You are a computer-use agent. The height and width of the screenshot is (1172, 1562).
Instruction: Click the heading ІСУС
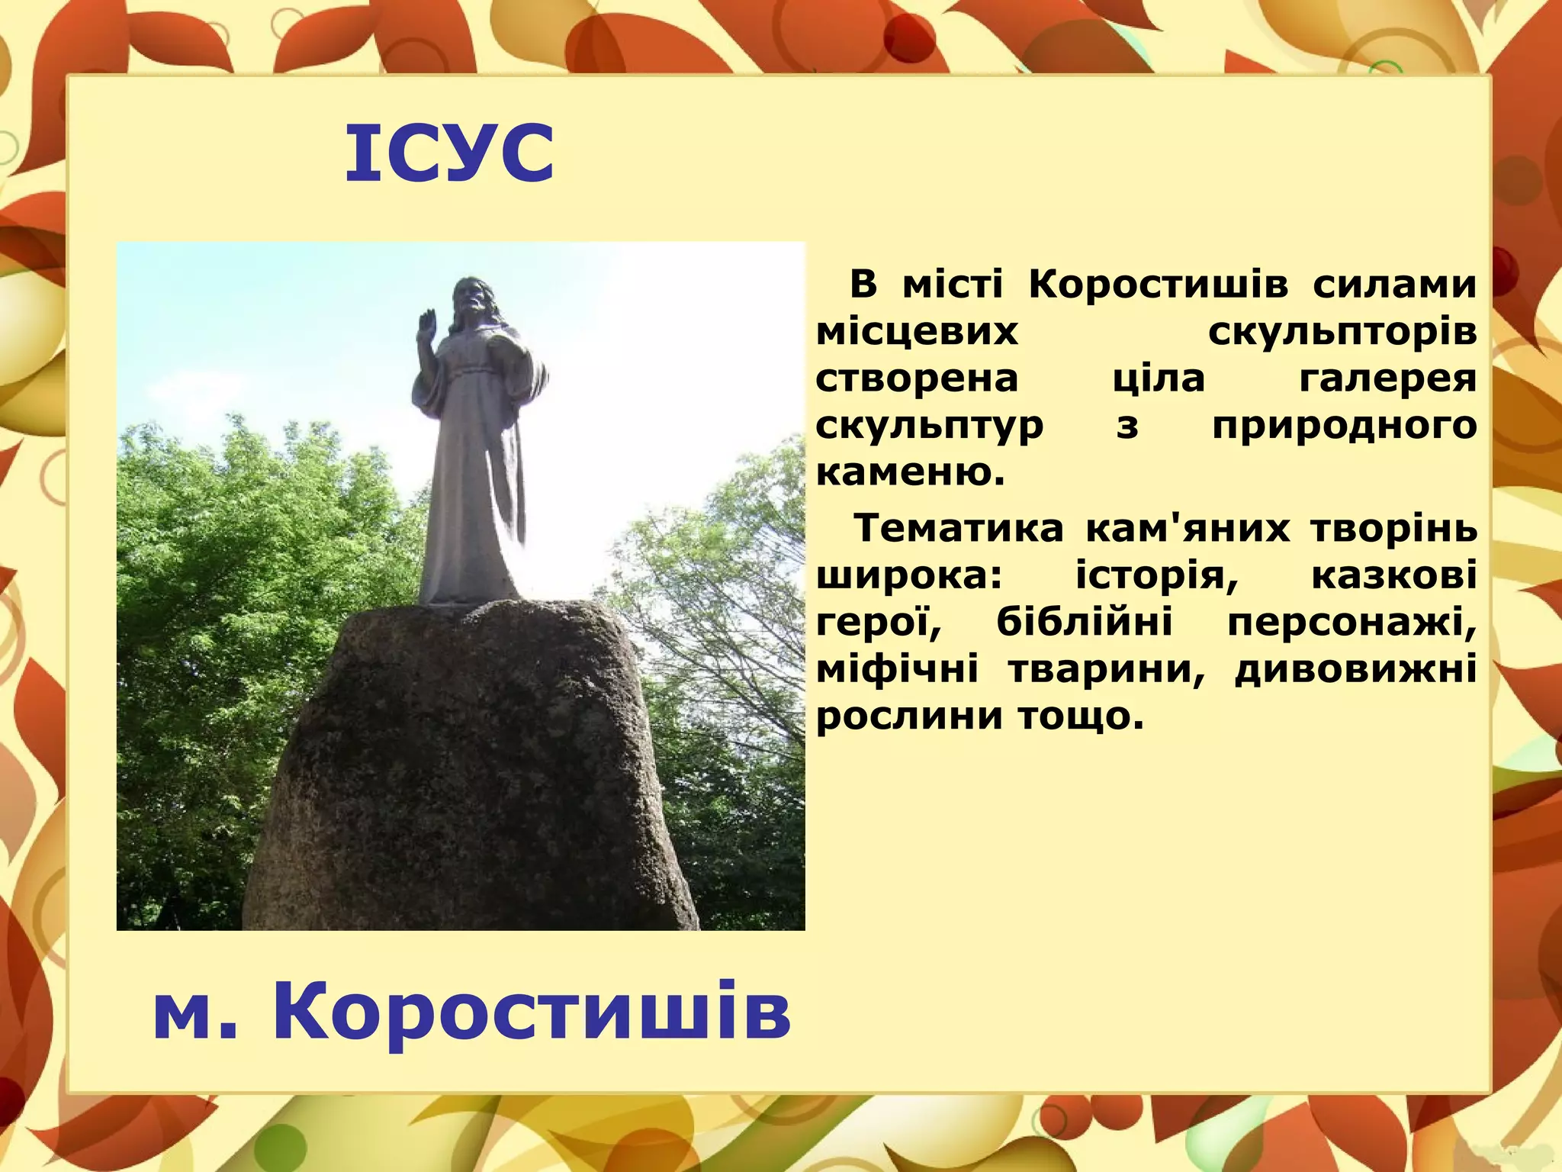coord(450,155)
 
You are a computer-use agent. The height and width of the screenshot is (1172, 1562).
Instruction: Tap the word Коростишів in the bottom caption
coord(532,1013)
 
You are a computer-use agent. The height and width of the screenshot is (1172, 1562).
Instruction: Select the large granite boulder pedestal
coord(473,771)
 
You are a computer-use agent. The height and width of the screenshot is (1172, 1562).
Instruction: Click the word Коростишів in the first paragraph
coord(1159,285)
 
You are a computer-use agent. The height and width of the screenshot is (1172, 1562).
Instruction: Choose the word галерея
coord(1387,379)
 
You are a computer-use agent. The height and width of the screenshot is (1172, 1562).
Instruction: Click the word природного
coord(1344,426)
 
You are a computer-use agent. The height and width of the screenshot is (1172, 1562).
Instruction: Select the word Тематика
coord(958,529)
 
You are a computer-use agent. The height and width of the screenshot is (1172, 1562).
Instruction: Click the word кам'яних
coord(1188,529)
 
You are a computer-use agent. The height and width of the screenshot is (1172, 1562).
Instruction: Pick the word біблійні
coord(1085,623)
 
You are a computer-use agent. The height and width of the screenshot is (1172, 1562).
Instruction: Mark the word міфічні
coord(898,670)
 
